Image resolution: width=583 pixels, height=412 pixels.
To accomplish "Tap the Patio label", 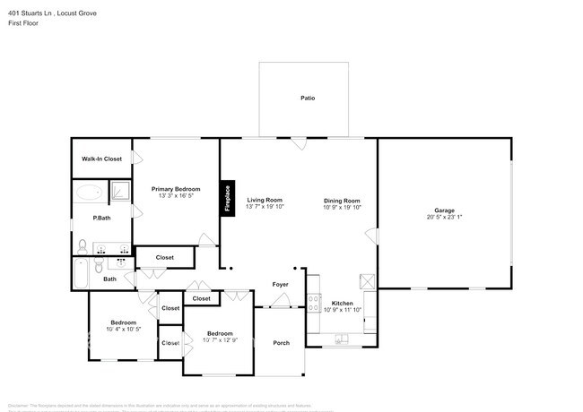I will (308, 98).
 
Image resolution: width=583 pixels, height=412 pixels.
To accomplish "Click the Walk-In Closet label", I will (101, 159).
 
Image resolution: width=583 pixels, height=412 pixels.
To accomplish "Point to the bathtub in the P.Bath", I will (89, 192).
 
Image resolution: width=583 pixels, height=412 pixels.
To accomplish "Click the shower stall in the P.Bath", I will (120, 191).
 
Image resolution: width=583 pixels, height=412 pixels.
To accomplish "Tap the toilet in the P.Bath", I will (82, 247).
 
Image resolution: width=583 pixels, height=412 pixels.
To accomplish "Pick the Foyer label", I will (280, 285).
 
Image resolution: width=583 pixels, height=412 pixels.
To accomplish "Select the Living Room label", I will (265, 200).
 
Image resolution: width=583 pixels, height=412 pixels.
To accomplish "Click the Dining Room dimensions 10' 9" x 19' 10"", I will (342, 207).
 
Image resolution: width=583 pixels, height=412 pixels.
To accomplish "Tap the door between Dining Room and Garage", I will (374, 235).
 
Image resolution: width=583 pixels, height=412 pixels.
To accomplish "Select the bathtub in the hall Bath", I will (82, 273).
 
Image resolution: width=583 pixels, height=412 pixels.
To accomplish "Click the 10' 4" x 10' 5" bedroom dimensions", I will (123, 329).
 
